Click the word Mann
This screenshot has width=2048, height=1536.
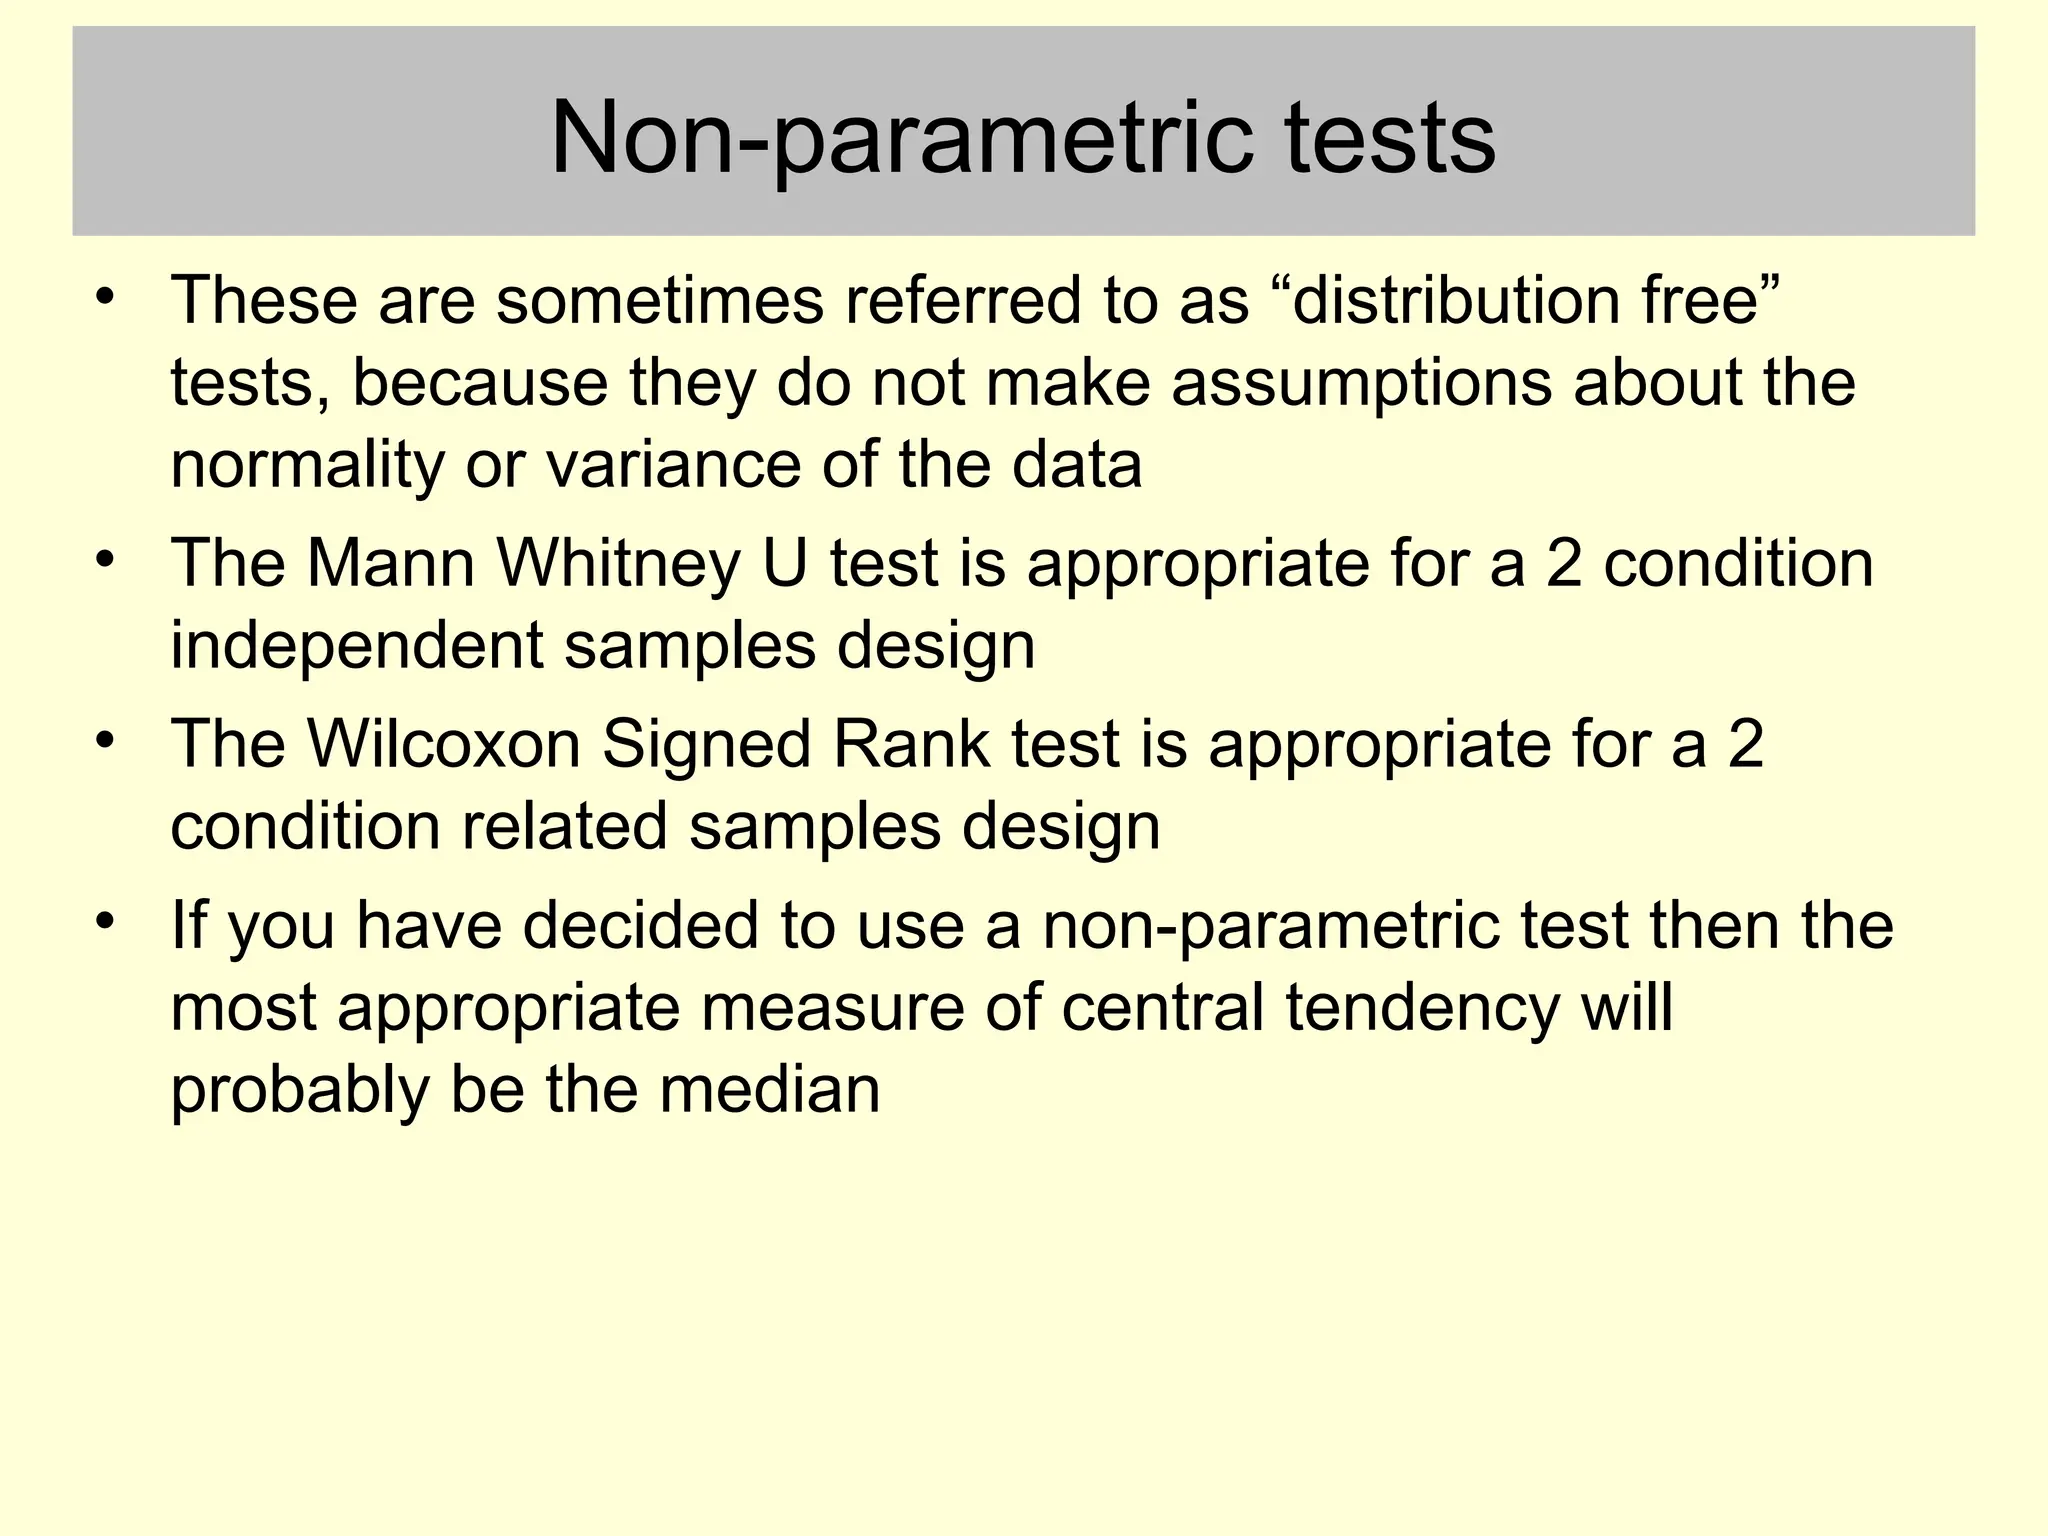point(390,562)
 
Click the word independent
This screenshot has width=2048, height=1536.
point(357,645)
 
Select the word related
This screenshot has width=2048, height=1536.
point(564,827)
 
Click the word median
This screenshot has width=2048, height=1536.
point(769,1089)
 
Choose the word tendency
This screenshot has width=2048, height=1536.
point(1422,1007)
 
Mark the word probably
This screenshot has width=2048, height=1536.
point(300,1089)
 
